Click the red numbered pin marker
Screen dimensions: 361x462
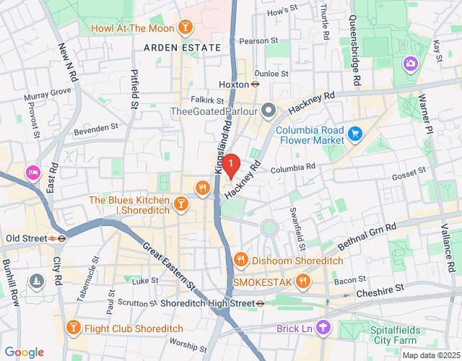coord(230,166)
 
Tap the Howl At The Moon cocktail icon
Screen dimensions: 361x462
coord(186,29)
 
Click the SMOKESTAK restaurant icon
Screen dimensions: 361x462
coord(303,281)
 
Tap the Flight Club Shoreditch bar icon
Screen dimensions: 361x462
coord(73,329)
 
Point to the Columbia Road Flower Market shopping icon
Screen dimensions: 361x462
coord(354,134)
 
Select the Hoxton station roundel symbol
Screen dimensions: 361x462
coord(256,84)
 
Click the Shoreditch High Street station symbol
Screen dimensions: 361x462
coord(259,304)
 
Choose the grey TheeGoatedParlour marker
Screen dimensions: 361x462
coord(269,110)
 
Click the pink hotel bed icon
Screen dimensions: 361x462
coord(32,173)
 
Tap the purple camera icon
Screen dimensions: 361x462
coord(411,64)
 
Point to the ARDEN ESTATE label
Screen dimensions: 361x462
coord(182,48)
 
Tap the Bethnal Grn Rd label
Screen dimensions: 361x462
coord(367,237)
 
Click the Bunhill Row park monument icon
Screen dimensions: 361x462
coord(36,279)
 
